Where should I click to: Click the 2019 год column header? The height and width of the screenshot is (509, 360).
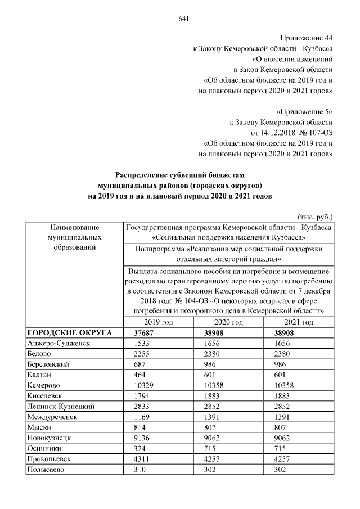pos(158,322)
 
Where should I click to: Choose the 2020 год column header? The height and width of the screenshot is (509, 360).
pos(229,322)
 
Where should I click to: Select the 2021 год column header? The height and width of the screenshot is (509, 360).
pos(299,322)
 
